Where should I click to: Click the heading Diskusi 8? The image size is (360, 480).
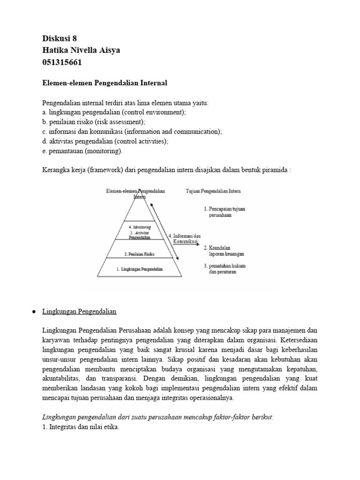[x=59, y=39]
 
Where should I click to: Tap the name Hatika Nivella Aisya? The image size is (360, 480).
[x=81, y=51]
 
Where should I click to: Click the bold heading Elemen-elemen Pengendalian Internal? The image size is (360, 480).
[x=105, y=83]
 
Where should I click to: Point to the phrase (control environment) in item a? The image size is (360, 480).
[x=152, y=112]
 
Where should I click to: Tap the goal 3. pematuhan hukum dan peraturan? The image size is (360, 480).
[x=224, y=269]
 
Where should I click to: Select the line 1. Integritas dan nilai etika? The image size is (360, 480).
[x=81, y=427]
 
